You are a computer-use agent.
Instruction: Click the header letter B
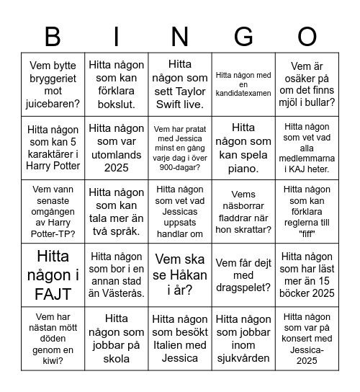click(53, 36)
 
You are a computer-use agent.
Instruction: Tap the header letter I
click(116, 36)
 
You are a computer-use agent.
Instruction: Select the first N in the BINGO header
click(180, 36)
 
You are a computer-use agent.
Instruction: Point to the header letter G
click(244, 36)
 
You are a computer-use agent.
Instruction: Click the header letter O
click(307, 36)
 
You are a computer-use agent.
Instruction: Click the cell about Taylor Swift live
click(180, 84)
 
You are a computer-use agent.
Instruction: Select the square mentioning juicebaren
click(53, 84)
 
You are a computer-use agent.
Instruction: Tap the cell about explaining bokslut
click(116, 84)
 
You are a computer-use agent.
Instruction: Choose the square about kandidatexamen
click(244, 84)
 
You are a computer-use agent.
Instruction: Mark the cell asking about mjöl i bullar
click(307, 84)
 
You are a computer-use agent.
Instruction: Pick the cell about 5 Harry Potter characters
click(53, 148)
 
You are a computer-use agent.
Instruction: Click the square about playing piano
click(244, 148)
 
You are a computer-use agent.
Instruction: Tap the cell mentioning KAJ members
click(307, 148)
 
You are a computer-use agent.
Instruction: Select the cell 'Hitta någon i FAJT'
click(53, 275)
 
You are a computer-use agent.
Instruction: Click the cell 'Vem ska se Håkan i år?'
click(180, 275)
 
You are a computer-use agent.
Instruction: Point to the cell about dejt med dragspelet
click(244, 275)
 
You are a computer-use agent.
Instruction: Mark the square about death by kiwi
click(53, 339)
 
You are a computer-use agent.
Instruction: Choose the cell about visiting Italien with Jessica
click(180, 339)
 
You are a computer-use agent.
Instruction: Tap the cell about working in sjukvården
click(244, 339)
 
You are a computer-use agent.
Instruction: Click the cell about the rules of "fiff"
click(307, 211)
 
